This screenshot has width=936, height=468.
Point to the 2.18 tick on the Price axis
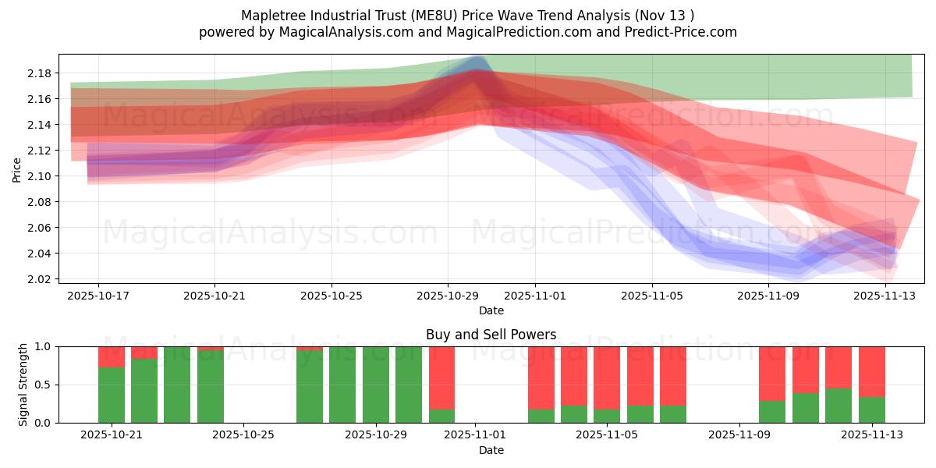tap(39, 73)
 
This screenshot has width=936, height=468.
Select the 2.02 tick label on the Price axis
tap(39, 279)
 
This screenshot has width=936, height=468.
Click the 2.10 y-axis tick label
tap(39, 176)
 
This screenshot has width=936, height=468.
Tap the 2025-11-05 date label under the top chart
tap(652, 296)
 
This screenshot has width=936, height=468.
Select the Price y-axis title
tap(16, 169)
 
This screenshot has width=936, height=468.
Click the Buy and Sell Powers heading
tap(491, 335)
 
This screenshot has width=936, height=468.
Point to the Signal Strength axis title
tap(23, 385)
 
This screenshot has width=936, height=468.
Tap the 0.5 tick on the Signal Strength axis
tap(42, 385)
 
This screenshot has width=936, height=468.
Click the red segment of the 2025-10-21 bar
tap(112, 356)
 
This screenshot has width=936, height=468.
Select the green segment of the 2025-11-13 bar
tap(871, 409)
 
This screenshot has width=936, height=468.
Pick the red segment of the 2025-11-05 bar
tap(607, 378)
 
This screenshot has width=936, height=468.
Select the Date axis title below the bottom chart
tap(491, 450)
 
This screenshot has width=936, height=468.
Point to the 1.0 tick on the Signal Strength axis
tap(42, 346)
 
